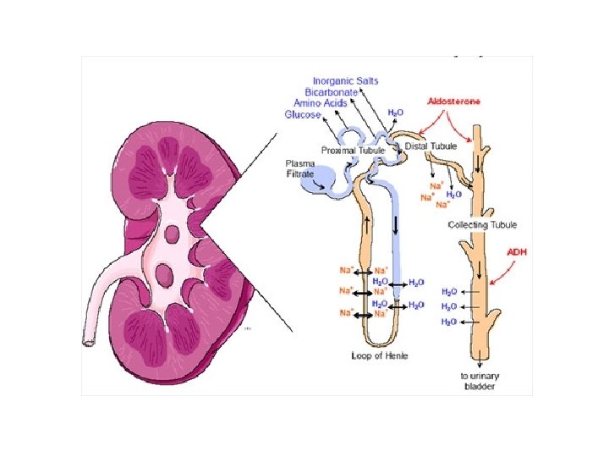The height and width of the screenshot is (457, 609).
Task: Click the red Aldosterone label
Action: click(454, 101)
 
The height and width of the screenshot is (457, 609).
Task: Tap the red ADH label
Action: click(517, 251)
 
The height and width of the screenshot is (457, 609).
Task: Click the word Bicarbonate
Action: click(335, 91)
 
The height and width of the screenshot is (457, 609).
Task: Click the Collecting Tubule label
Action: click(482, 225)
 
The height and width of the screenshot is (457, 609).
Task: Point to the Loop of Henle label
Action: click(380, 355)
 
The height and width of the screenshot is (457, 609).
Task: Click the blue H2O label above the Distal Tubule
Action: click(395, 112)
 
